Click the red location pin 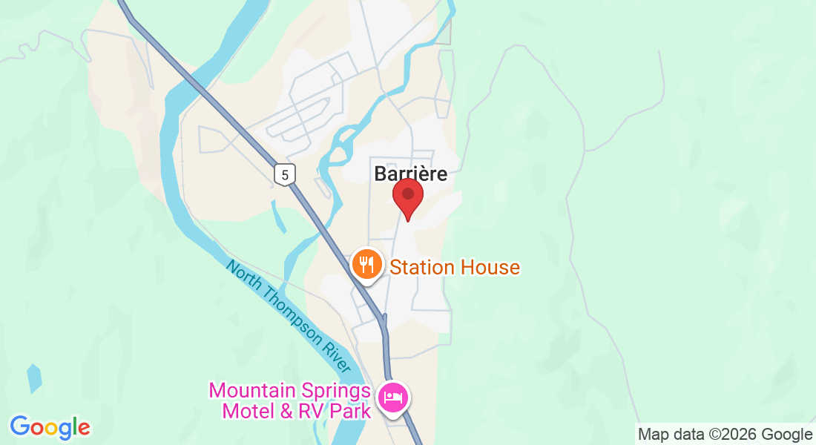pyautogui.click(x=407, y=195)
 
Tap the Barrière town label pyautogui.click(x=411, y=174)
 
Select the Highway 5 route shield pyautogui.click(x=285, y=174)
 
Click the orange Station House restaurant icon pyautogui.click(x=366, y=263)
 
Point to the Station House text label pyautogui.click(x=455, y=267)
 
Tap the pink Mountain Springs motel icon pyautogui.click(x=392, y=398)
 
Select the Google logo pyautogui.click(x=50, y=427)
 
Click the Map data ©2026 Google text pyautogui.click(x=725, y=434)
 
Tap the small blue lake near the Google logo pyautogui.click(x=34, y=378)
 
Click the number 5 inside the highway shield pyautogui.click(x=285, y=175)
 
